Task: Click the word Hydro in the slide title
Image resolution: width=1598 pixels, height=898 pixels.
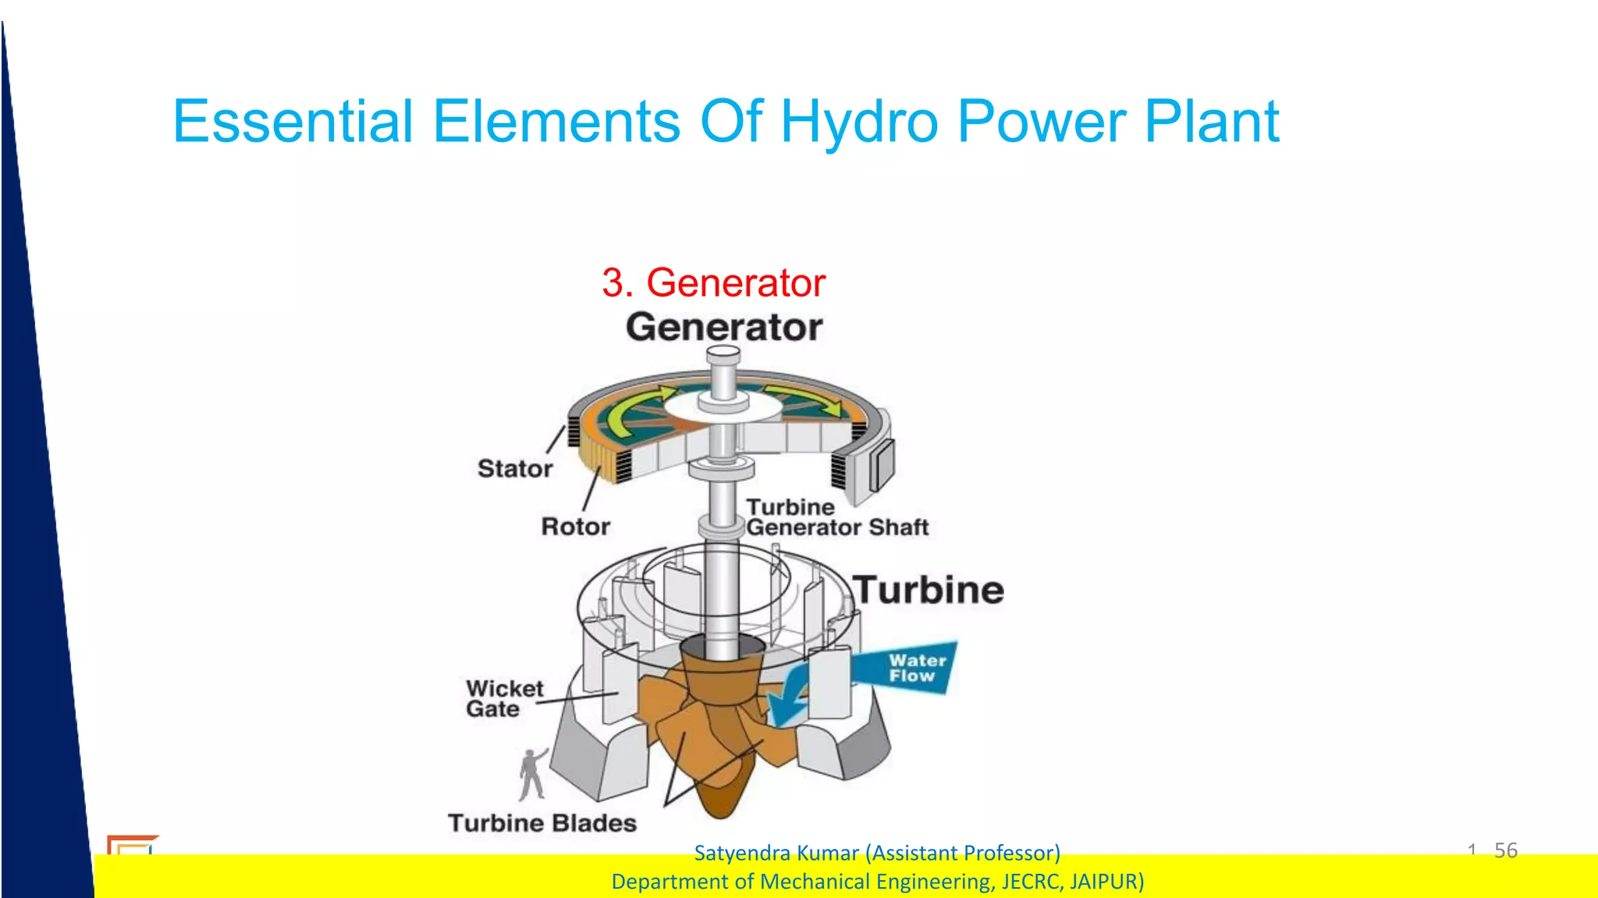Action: [x=859, y=122]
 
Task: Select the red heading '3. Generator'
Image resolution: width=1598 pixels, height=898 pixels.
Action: [x=713, y=282]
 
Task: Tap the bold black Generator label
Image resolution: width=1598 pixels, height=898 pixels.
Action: [x=724, y=328]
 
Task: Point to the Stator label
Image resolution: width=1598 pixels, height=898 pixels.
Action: [x=515, y=469]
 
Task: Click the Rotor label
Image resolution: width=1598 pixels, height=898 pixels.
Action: [x=576, y=527]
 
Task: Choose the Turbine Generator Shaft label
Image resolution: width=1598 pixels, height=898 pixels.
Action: [x=836, y=517]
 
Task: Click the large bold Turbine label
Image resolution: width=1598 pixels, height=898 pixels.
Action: [x=929, y=591]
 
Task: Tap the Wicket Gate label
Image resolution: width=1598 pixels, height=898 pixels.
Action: [x=504, y=699]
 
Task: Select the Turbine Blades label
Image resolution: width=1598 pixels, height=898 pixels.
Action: [x=542, y=823]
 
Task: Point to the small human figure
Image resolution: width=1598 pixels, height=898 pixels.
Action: [x=533, y=774]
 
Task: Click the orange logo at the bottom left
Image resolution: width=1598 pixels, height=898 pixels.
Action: [x=131, y=845]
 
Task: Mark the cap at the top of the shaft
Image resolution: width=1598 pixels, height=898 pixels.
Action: [x=723, y=356]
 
